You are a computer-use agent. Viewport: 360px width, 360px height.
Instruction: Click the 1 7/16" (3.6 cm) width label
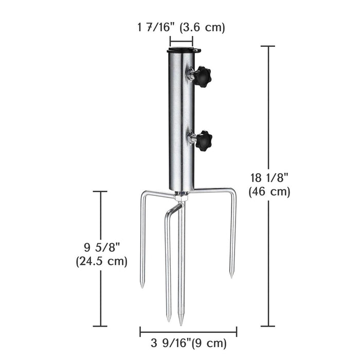tap(181, 28)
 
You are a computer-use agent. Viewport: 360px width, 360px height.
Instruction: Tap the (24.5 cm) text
tap(101, 261)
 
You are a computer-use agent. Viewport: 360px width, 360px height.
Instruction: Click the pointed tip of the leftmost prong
tap(141, 286)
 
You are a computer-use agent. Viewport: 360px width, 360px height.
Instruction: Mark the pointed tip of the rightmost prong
tap(231, 277)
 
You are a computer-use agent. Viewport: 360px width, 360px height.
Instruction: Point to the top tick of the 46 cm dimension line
tap(267, 46)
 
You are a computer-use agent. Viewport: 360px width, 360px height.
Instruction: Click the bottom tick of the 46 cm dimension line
tap(267, 326)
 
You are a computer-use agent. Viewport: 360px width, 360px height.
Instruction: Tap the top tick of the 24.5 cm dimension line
tap(100, 191)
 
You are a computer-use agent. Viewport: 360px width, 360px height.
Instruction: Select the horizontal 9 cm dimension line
tap(188, 332)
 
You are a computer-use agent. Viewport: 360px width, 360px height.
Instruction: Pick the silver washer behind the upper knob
tap(192, 76)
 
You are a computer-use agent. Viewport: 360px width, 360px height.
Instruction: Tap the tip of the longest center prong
tap(181, 324)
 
